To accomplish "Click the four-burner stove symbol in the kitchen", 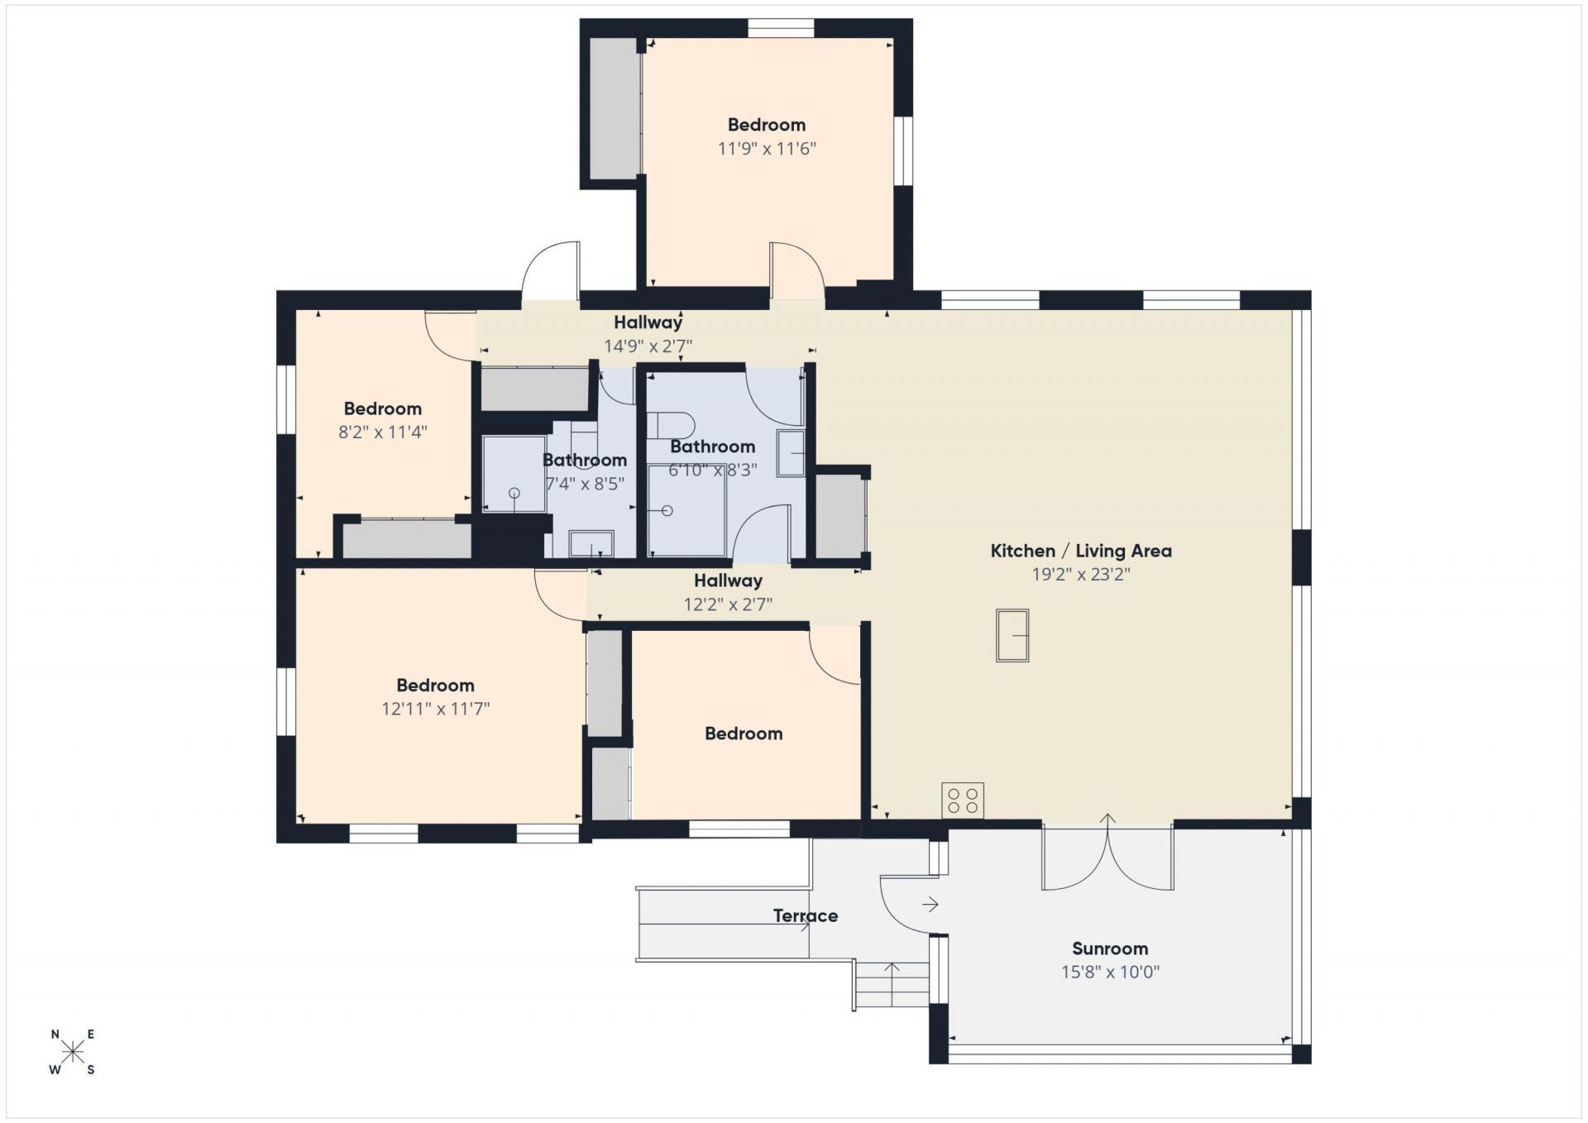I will tap(963, 800).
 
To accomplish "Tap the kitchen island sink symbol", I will tap(1012, 635).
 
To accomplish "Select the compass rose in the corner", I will tap(73, 1052).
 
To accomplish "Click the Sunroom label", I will tap(1110, 949).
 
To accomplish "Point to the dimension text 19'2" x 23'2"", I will tap(1081, 574).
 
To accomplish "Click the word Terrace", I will tap(806, 915).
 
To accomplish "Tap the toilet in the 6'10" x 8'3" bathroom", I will tap(672, 425).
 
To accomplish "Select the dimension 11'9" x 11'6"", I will tap(767, 149).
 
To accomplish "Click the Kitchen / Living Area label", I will tap(1081, 551).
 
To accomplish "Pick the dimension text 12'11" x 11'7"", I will tap(435, 709).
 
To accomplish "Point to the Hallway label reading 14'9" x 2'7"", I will tap(648, 323).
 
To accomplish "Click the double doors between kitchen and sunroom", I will tap(1107, 856).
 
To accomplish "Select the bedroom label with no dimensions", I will tap(744, 734).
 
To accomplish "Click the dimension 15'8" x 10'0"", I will tap(1110, 972).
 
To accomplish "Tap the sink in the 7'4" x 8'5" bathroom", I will tap(591, 544).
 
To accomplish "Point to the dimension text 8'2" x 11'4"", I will tap(382, 432).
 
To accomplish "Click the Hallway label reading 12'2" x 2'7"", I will tap(728, 581).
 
